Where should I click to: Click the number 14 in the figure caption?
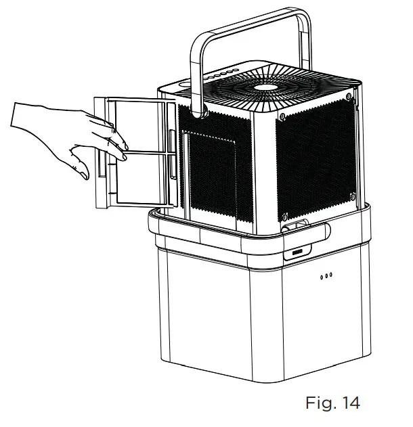tap(348, 403)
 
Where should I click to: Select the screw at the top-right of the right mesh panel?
tap(350, 97)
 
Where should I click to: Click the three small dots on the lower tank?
tap(326, 276)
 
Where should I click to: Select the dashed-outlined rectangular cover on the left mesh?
tap(211, 175)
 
